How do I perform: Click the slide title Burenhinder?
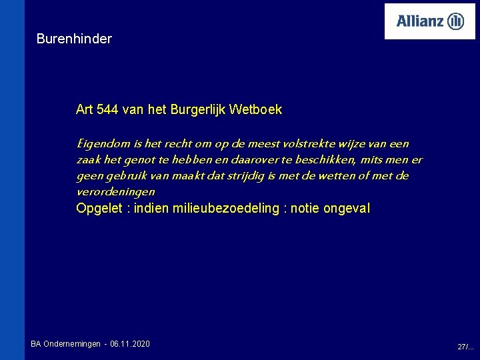pos(74,39)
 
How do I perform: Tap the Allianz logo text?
pos(420,21)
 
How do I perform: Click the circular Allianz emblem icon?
pos(456,21)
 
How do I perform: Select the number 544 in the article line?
pos(108,109)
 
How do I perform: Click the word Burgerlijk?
pos(199,109)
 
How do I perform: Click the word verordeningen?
pos(116,191)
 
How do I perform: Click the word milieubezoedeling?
pos(225,209)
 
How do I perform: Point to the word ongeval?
pos(346,209)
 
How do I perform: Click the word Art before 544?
pos(85,109)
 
